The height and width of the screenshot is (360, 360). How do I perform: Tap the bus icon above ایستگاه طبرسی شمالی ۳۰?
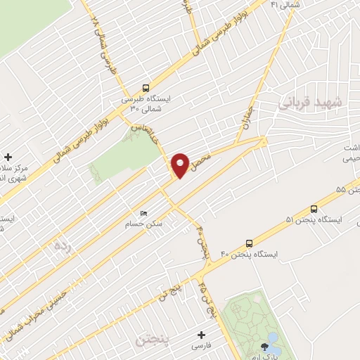click(x=145, y=88)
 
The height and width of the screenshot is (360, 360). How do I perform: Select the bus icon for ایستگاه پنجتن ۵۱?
click(x=314, y=208)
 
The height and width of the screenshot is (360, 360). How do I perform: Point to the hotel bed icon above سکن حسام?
click(x=145, y=213)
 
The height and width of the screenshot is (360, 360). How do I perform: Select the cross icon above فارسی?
click(x=201, y=335)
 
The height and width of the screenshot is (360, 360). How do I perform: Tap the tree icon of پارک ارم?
click(x=264, y=345)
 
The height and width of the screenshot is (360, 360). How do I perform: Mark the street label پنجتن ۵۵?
click(x=347, y=191)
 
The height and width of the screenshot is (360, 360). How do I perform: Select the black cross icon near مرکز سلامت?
click(x=8, y=157)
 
